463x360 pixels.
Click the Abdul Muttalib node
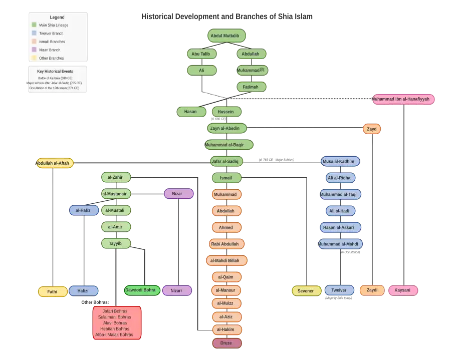point(227,36)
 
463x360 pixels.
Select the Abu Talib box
point(201,54)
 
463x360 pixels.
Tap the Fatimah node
point(251,87)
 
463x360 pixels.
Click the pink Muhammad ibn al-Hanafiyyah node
point(403,99)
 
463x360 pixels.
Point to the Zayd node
point(372,129)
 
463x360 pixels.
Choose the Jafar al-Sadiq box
point(226,161)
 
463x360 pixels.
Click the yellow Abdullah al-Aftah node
point(55,163)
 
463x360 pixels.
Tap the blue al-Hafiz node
point(83,210)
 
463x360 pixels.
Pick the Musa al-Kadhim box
point(340,161)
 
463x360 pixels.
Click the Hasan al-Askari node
point(340,227)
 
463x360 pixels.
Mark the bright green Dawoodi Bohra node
point(142,290)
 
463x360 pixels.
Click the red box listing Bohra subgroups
point(117,323)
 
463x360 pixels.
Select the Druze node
point(226,343)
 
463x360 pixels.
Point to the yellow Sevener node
point(306,291)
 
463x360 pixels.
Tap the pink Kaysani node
point(403,290)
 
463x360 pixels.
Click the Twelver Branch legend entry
point(51,33)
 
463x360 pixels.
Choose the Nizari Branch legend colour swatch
point(34,50)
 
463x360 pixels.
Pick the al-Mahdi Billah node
point(226,260)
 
